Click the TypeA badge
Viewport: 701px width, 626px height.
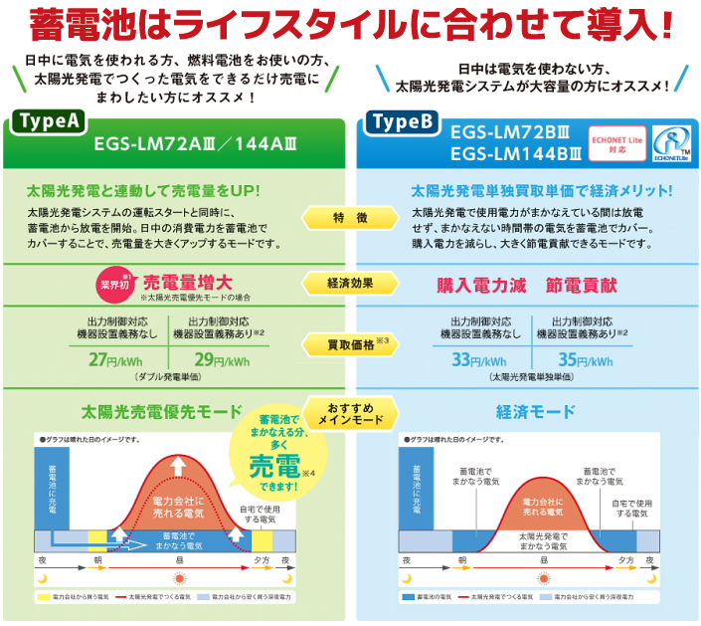(x=50, y=121)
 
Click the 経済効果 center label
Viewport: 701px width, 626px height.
(x=350, y=284)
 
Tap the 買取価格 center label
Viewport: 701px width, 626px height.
(x=350, y=345)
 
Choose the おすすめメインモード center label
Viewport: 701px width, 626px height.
(x=350, y=413)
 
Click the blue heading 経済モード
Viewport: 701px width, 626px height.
(x=535, y=411)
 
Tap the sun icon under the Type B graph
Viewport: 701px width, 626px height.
(x=542, y=576)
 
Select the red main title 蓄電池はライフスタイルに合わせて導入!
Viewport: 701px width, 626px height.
(x=350, y=24)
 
